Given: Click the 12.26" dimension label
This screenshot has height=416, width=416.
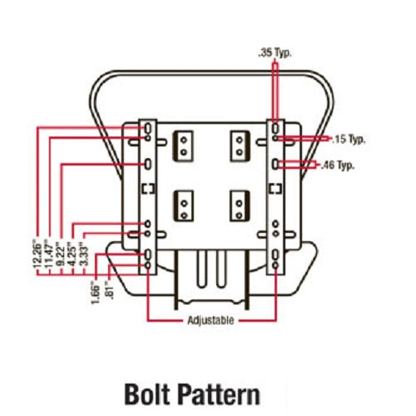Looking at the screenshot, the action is click(37, 254).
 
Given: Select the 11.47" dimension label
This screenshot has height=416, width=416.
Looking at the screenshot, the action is click(49, 254).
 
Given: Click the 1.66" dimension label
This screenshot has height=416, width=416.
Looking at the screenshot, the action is click(95, 292).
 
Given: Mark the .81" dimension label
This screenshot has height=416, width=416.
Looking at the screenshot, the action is click(110, 290).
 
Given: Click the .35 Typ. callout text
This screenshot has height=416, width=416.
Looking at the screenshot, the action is click(275, 52).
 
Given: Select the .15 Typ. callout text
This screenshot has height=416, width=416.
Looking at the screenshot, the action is click(349, 139).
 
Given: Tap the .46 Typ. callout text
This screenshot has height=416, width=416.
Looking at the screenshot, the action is click(338, 166).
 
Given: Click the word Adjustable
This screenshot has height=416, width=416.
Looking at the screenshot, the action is click(210, 320).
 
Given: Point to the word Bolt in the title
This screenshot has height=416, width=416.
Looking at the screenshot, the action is click(147, 394).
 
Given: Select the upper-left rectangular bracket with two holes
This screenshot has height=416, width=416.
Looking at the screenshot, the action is click(183, 146).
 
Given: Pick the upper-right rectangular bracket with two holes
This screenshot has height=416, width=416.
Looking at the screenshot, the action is click(240, 146).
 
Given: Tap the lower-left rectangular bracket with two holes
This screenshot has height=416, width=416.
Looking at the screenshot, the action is click(184, 206).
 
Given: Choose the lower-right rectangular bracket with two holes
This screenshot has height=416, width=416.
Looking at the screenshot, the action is click(240, 206).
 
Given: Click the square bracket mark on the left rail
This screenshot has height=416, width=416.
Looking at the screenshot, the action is click(148, 189).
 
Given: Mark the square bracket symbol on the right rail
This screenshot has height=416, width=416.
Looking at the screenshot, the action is click(276, 189).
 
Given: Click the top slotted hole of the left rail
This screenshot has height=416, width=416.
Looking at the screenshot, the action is click(148, 128).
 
